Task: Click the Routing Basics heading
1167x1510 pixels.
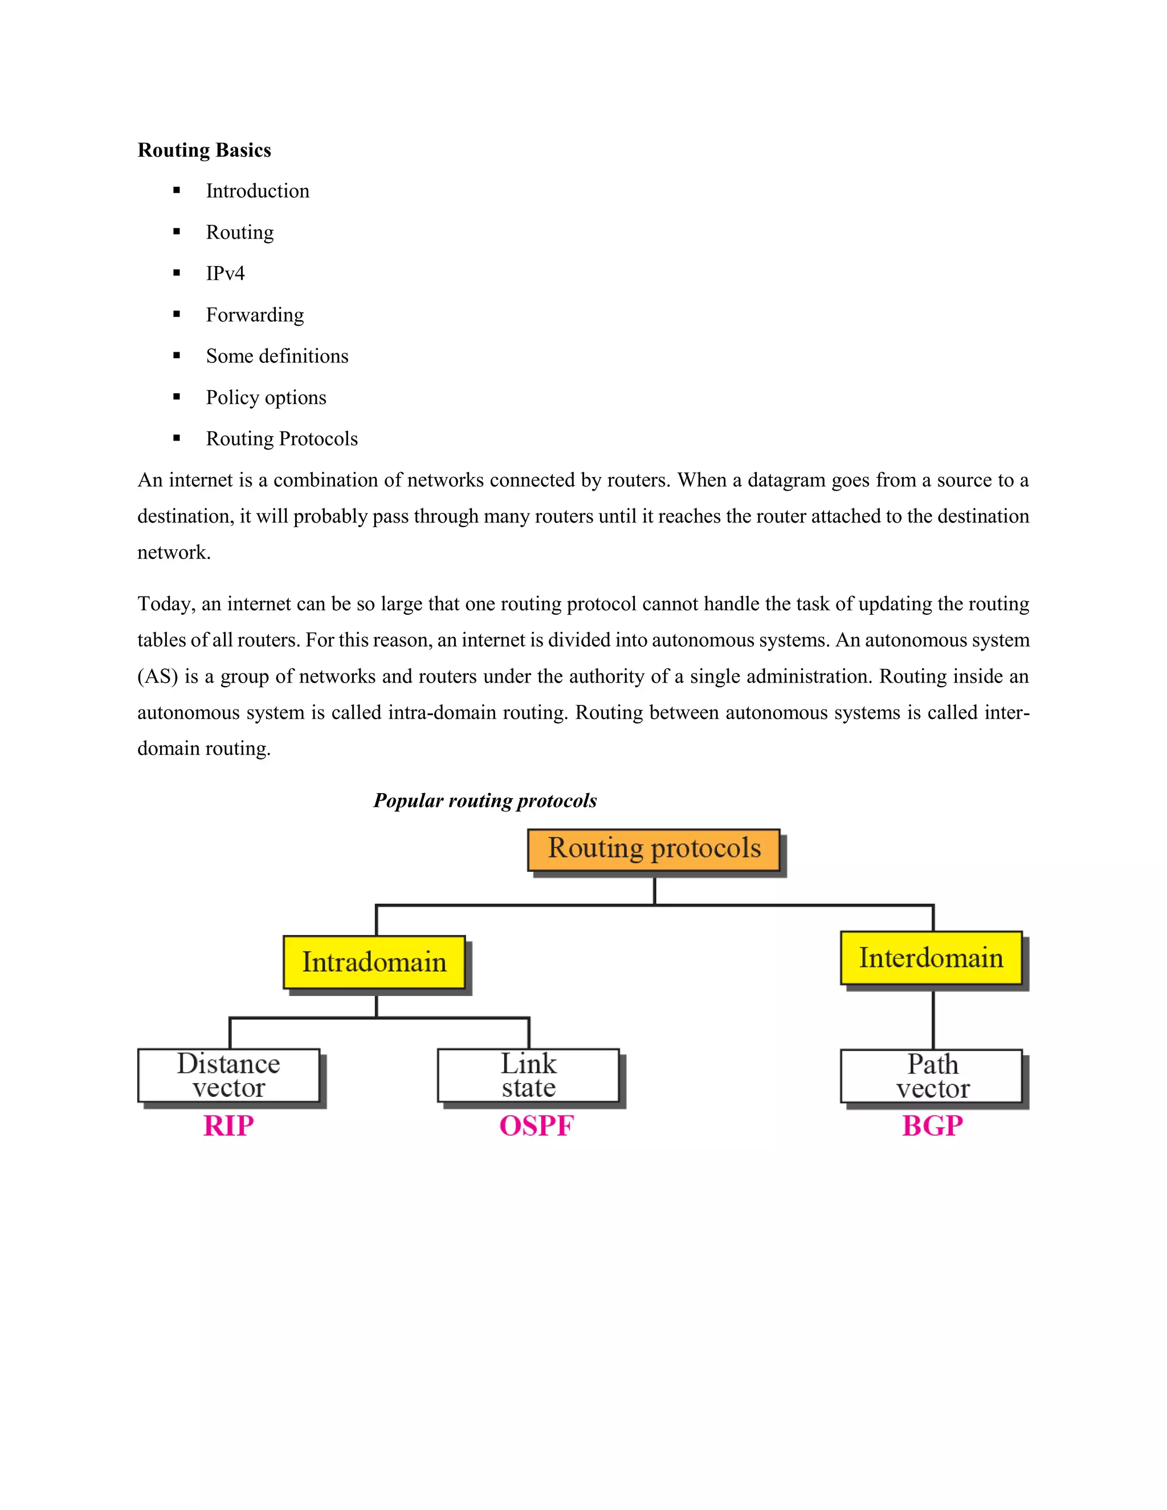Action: (x=204, y=150)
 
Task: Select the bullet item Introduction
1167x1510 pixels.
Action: (x=257, y=191)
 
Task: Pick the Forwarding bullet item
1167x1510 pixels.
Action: (x=254, y=315)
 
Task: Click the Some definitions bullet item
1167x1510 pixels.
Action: (x=276, y=356)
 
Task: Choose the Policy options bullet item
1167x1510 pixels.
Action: (x=266, y=398)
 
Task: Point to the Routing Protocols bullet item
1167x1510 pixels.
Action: (x=281, y=439)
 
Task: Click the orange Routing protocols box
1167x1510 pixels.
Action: (x=654, y=849)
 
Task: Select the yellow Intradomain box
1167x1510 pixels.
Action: (x=374, y=962)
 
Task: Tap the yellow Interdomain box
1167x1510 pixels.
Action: (x=931, y=958)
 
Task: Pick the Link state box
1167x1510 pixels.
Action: (x=528, y=1075)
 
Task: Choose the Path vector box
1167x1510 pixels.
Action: (x=931, y=1076)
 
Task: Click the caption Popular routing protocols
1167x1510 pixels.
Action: (x=485, y=801)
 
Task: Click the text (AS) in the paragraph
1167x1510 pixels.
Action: (x=158, y=677)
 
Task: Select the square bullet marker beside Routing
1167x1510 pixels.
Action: (x=177, y=231)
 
